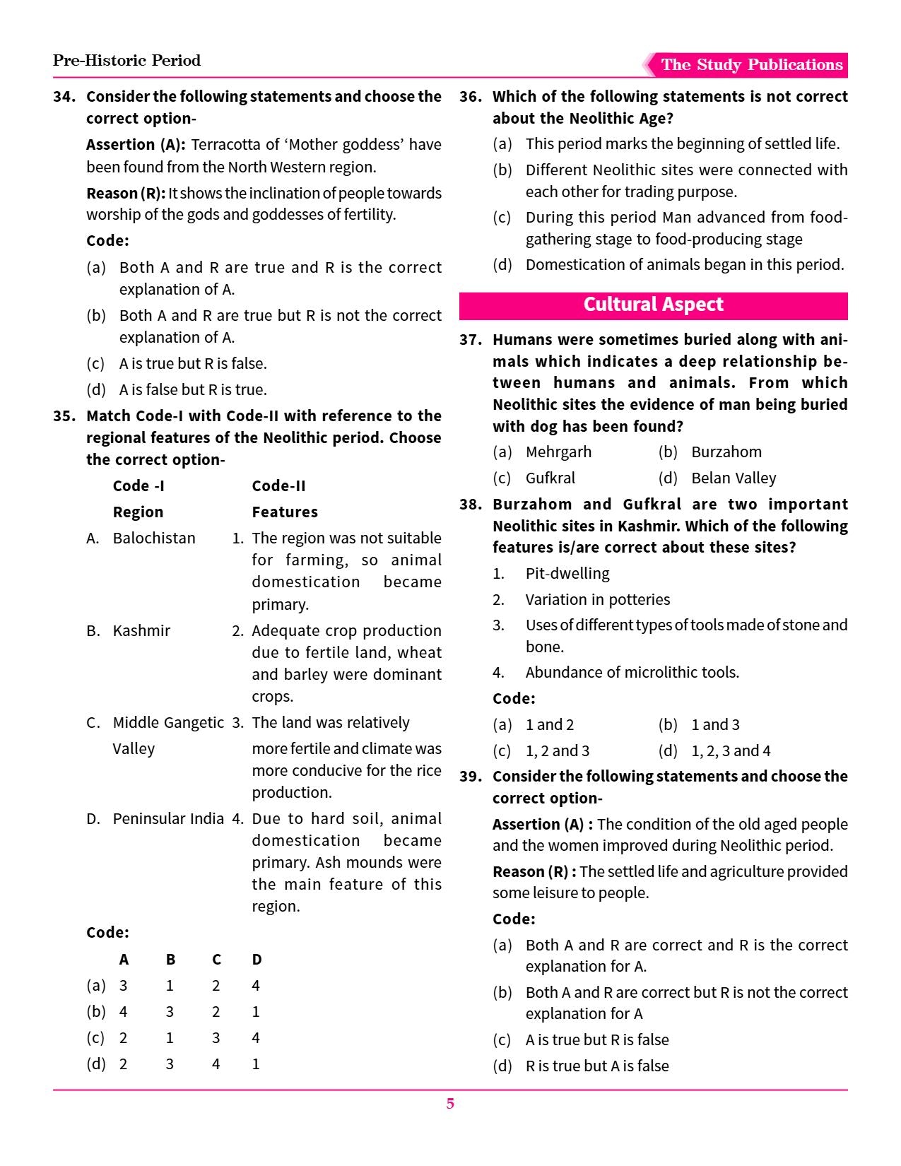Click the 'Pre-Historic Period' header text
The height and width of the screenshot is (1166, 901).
126,61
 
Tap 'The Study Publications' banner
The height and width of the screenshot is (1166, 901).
751,65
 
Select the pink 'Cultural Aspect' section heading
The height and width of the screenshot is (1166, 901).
653,305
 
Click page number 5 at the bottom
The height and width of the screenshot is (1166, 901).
450,1104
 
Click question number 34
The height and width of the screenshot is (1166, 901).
64,97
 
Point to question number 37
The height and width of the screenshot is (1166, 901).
471,340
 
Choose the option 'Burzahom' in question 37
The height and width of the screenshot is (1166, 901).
726,452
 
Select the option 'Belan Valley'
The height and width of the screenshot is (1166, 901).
733,478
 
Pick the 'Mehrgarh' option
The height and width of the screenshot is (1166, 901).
558,452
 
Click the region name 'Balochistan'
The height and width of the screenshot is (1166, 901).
154,538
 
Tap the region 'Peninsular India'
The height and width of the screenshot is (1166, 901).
168,819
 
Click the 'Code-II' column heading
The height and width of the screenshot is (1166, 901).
278,486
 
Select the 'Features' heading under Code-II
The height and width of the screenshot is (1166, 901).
285,512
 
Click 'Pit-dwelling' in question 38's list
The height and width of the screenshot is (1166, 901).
567,574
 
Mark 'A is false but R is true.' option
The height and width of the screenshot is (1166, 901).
193,390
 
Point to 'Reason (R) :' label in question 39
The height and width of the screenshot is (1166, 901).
534,872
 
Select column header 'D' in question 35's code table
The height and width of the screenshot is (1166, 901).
257,960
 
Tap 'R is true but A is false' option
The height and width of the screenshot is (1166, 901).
596,1066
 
